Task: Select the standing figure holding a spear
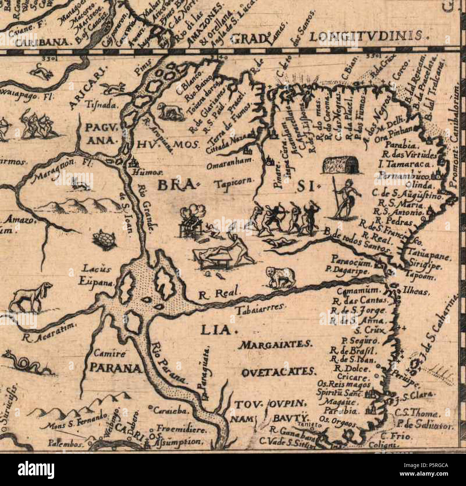(x=344, y=199)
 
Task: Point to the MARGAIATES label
(x=276, y=345)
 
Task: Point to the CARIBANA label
(x=42, y=42)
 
